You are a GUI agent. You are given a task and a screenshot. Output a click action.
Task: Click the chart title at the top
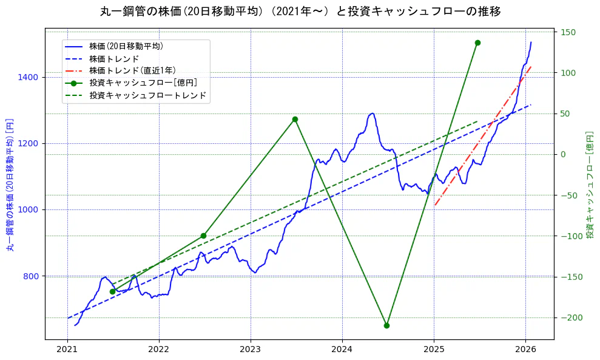click(300, 12)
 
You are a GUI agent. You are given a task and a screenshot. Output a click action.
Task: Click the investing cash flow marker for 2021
click(112, 291)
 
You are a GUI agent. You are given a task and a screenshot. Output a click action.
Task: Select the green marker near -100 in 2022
click(203, 236)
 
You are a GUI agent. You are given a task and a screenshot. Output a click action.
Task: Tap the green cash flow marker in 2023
click(295, 119)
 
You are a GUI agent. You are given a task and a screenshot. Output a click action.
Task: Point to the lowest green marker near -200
click(386, 325)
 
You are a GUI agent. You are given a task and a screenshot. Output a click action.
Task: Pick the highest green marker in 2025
click(477, 42)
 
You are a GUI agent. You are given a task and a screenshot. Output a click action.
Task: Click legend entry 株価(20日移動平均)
click(126, 46)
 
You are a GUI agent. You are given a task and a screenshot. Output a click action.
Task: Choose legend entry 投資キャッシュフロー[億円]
click(143, 83)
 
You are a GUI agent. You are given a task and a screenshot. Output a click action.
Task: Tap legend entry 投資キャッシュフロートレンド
click(147, 95)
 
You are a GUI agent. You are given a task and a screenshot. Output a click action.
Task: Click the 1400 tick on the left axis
click(30, 77)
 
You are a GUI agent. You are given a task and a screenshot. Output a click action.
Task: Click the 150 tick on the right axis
click(568, 32)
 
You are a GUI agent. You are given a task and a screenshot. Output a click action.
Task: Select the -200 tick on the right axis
click(571, 318)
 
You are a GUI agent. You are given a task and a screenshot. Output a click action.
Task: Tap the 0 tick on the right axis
click(564, 154)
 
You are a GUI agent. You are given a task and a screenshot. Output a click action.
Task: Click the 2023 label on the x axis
click(251, 349)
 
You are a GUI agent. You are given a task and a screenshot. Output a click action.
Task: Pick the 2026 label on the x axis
click(525, 349)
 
